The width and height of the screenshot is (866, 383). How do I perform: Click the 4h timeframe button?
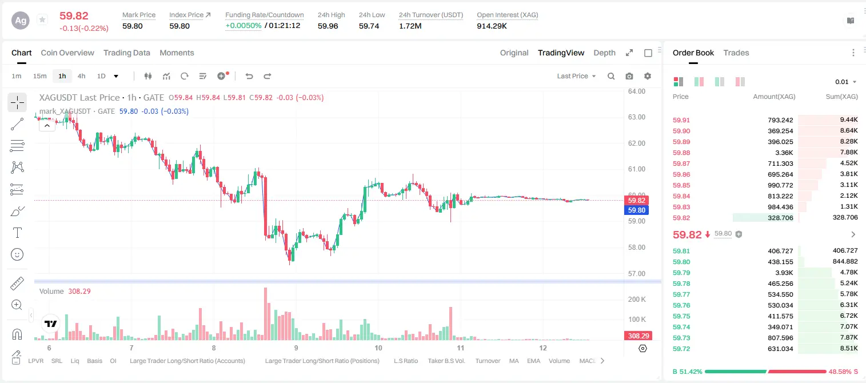81,76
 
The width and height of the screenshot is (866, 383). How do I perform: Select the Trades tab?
736,53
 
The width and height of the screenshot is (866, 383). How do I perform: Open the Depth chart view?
604,53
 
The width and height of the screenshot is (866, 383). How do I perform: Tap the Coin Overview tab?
67,53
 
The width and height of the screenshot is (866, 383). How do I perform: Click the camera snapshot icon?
629,76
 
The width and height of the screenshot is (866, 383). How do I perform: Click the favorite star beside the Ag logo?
42,19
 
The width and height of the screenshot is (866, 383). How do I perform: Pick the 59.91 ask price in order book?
681,120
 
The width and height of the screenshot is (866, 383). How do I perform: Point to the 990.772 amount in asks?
780,185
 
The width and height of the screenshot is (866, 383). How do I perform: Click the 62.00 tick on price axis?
637,143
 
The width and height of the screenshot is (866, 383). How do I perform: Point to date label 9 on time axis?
296,348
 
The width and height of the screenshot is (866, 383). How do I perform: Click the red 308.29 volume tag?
638,336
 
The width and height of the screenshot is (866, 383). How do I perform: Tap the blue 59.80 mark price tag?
636,210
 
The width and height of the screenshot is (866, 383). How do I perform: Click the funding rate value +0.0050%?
243,26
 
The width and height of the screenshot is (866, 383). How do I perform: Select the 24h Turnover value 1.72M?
410,26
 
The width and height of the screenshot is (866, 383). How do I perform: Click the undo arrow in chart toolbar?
249,76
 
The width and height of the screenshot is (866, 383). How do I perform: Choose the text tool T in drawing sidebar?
17,233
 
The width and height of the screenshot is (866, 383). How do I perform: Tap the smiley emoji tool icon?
17,254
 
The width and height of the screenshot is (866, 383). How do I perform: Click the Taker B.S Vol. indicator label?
446,361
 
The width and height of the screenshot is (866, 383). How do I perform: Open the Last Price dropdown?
576,76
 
